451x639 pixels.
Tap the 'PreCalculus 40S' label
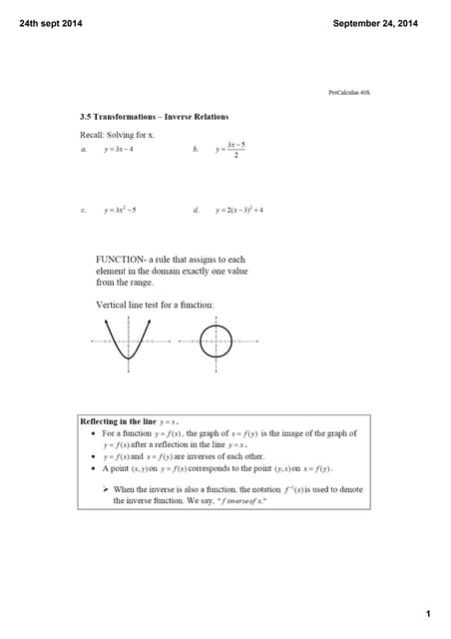[x=349, y=93]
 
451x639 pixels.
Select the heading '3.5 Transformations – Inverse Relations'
[x=154, y=117]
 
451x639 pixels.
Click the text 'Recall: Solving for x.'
[x=117, y=134]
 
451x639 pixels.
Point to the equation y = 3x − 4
[x=126, y=150]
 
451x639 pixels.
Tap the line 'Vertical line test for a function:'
[x=155, y=304]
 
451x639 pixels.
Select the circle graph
[x=215, y=340]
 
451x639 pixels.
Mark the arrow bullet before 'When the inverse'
[x=105, y=489]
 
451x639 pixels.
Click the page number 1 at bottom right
[x=427, y=612]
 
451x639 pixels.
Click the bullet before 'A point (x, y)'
[x=93, y=467]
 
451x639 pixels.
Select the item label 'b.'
[x=196, y=150]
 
